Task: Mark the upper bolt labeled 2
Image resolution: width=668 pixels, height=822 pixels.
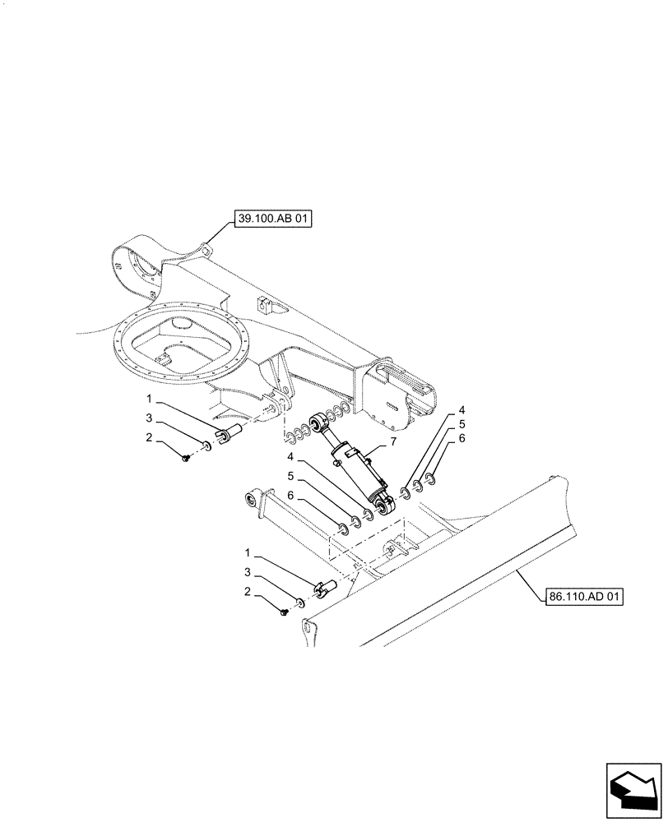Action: (x=188, y=456)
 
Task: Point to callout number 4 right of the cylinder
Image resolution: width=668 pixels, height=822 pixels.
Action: (x=462, y=410)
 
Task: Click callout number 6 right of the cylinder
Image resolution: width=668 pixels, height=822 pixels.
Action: (x=462, y=440)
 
